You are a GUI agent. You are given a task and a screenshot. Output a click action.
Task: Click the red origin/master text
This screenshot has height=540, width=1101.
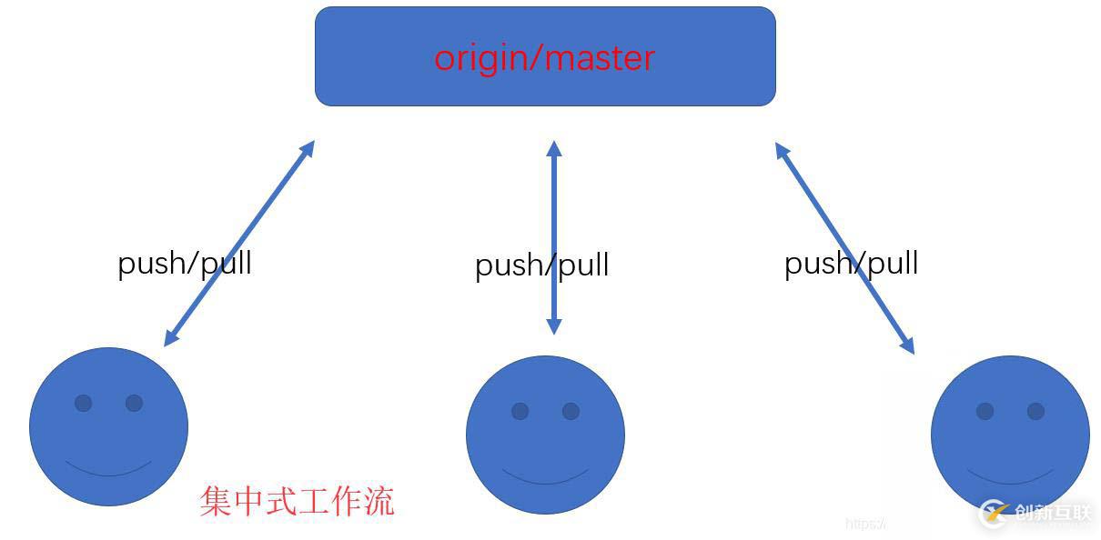click(x=544, y=57)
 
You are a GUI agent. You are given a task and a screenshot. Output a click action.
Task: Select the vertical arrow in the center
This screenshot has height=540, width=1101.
click(x=553, y=200)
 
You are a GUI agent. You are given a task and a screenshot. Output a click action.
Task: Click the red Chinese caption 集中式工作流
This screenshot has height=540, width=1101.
click(x=297, y=501)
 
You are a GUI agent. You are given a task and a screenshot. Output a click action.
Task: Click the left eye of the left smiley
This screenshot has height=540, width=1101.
click(x=83, y=403)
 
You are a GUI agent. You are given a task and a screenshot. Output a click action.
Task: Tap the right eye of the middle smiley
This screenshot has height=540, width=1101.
click(x=571, y=411)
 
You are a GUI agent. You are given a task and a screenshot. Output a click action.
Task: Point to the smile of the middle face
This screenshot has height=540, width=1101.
click(x=545, y=479)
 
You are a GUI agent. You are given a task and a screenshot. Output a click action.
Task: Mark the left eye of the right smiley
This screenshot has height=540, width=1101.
click(x=985, y=411)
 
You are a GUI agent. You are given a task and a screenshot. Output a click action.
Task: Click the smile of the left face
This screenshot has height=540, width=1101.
click(x=108, y=471)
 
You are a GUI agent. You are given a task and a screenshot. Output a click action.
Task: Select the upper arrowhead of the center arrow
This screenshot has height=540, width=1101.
click(x=553, y=147)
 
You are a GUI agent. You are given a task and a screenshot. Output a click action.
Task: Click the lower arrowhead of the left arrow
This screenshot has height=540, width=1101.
click(x=170, y=339)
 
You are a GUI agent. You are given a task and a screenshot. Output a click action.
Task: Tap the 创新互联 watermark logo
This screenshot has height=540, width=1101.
click(x=1037, y=514)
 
